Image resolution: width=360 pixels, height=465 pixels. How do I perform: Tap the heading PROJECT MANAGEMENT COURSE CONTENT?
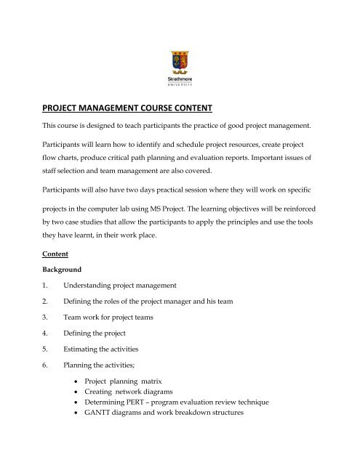126,109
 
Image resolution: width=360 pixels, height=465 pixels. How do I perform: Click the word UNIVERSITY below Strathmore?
179,84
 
